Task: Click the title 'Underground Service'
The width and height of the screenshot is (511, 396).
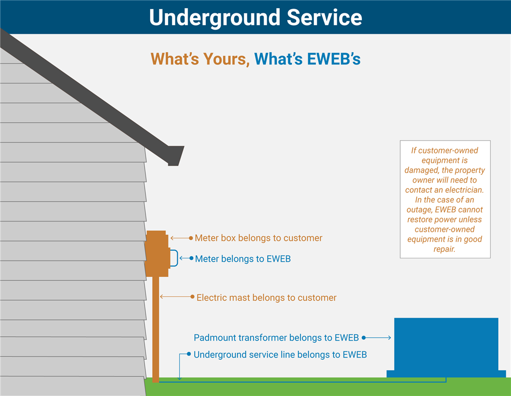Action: coord(255,17)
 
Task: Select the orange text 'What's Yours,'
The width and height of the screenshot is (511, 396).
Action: coord(199,59)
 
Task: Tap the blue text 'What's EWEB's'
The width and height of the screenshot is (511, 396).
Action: coord(308,59)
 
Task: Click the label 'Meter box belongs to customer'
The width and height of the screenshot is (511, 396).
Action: coord(259,238)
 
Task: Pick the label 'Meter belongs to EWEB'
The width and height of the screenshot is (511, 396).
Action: coord(243,259)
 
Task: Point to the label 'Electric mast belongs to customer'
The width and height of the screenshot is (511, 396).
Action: coord(266,297)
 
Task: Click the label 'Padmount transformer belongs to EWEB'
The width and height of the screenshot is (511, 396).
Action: coord(276,338)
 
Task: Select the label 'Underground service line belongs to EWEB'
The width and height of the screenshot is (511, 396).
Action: coord(280,355)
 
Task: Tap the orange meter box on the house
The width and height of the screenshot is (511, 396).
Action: coord(156,254)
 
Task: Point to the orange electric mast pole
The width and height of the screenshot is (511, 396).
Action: coord(156,327)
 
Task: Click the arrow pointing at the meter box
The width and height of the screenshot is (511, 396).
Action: coord(180,238)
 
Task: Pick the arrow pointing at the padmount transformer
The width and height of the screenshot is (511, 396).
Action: coord(377,338)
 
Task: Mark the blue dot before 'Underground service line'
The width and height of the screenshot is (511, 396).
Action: coord(189,354)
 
